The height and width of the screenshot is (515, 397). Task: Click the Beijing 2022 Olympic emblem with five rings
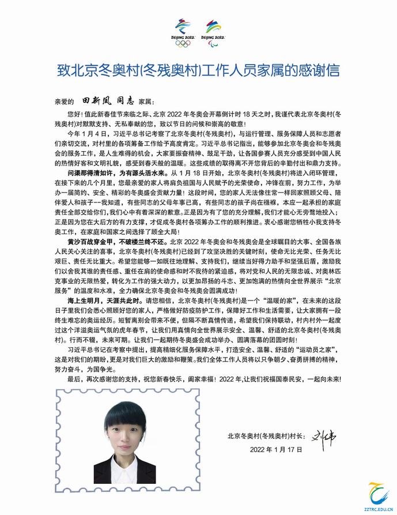[x=184, y=32]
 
